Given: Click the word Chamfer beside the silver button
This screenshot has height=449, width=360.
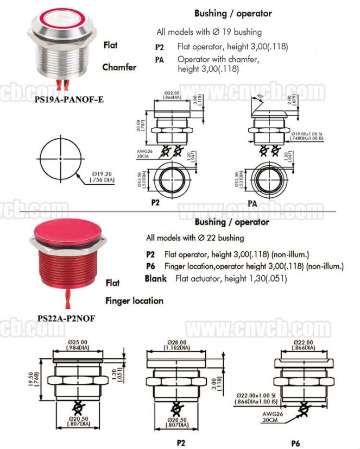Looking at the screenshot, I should (x=119, y=67).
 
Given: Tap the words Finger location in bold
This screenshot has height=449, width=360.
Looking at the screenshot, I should (x=134, y=301).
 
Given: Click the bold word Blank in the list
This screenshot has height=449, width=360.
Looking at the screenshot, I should (x=156, y=278).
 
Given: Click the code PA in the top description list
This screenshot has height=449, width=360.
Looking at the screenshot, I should (x=160, y=60).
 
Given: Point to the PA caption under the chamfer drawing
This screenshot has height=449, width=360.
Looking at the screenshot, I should (x=252, y=203).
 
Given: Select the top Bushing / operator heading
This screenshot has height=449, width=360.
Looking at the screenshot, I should (x=233, y=13).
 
